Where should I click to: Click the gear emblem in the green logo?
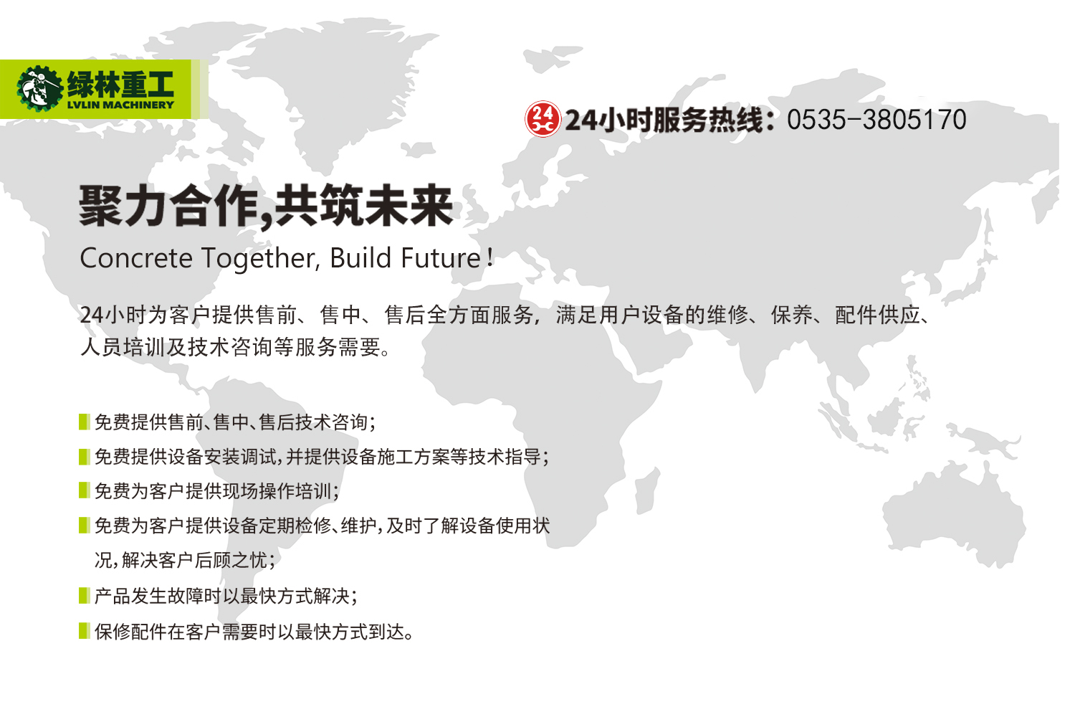point(39,89)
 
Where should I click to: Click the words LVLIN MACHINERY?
point(120,105)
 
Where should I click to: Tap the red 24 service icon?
point(543,119)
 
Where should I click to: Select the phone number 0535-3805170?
point(876,120)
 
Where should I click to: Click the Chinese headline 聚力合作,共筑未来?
point(266,206)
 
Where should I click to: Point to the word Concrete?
point(136,258)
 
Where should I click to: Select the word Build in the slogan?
point(361,258)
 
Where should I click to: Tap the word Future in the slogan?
point(441,258)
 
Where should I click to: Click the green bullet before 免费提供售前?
point(84,422)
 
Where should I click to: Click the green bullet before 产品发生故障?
point(84,596)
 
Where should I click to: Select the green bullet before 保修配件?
point(84,631)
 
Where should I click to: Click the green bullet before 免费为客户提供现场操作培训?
point(84,490)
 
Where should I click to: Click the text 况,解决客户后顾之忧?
point(185,560)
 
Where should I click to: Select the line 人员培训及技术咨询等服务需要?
point(236,347)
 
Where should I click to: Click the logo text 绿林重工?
point(120,84)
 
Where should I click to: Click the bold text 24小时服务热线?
point(669,120)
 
